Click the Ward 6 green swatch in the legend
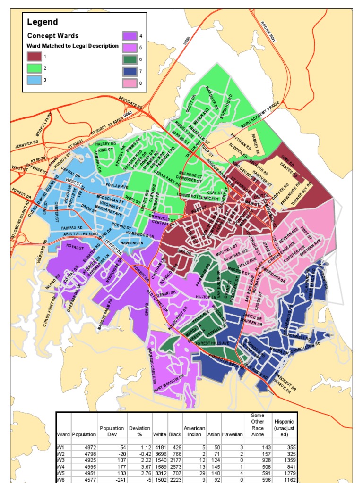(130, 59)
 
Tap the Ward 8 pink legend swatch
(130, 83)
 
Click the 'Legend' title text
(43, 22)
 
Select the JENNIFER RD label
(26, 143)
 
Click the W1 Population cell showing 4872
(86, 447)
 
